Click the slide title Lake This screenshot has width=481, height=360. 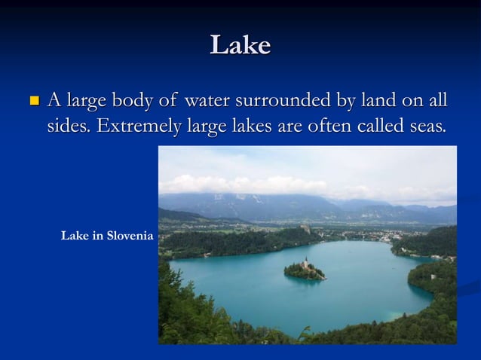pyautogui.click(x=240, y=46)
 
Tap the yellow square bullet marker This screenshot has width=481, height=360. pyautogui.click(x=32, y=100)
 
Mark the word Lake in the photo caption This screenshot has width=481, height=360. pyautogui.click(x=74, y=236)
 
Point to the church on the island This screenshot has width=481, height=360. pyautogui.click(x=307, y=263)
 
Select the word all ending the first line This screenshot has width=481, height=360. pyautogui.click(x=436, y=99)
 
